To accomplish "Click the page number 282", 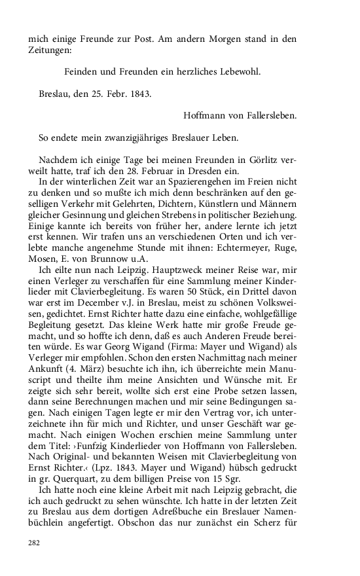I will coord(33,542).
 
